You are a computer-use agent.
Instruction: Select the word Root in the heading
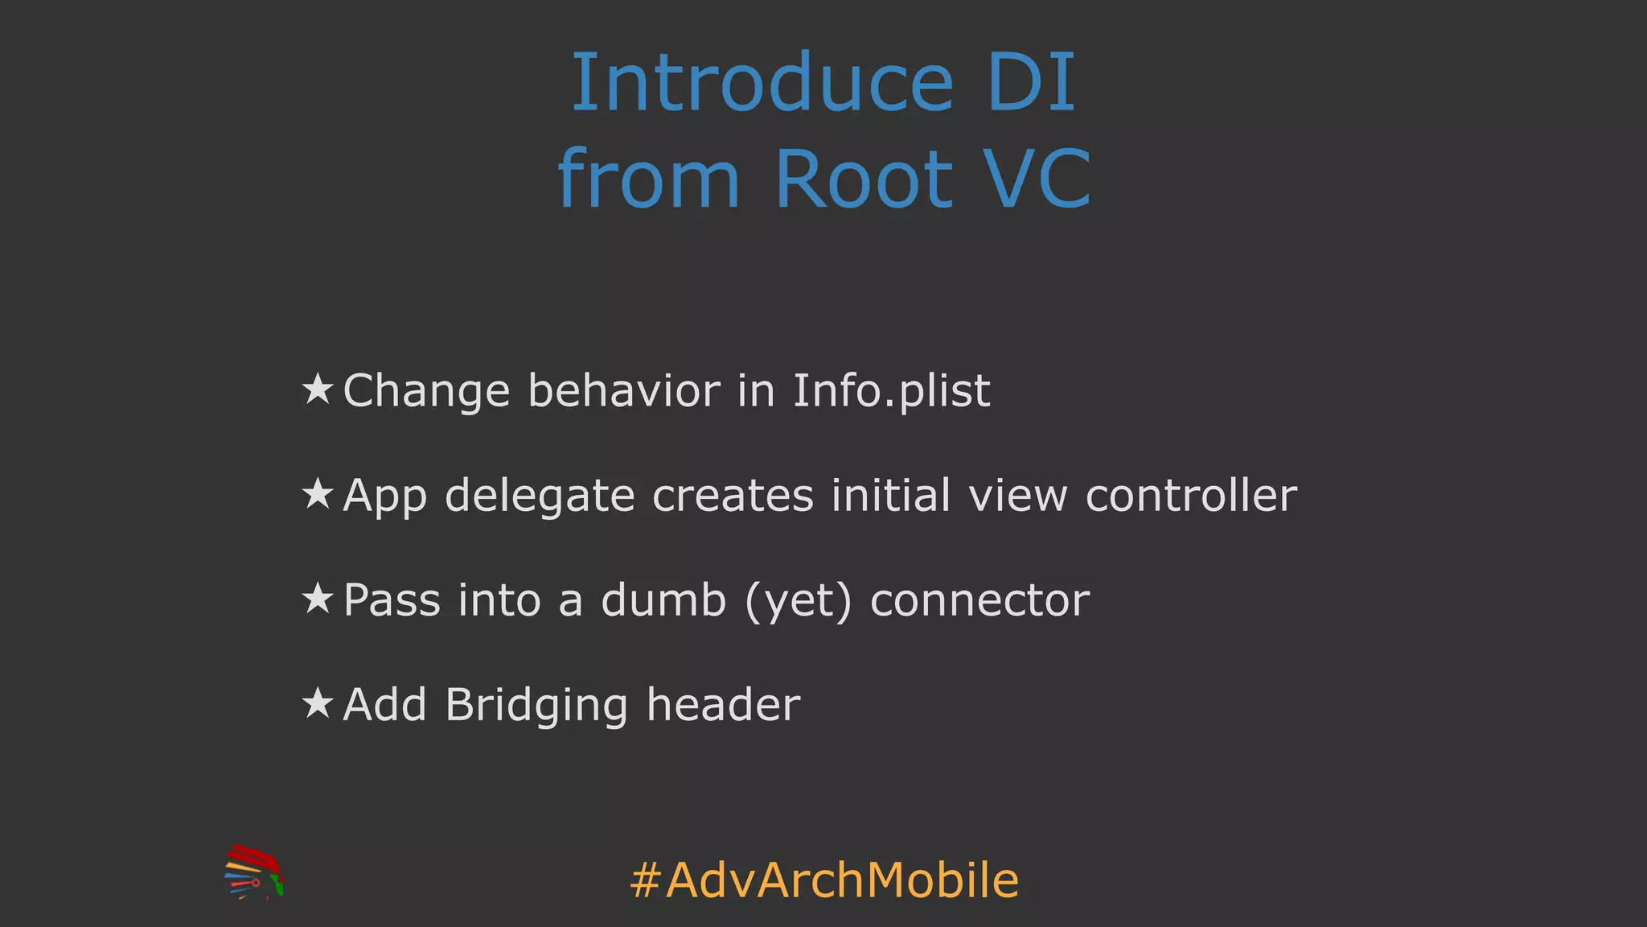(863, 179)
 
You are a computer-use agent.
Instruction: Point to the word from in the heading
(648, 179)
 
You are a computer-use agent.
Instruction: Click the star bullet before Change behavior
(318, 389)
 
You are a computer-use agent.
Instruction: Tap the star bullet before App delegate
(318, 494)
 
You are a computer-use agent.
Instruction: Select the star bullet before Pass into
(318, 599)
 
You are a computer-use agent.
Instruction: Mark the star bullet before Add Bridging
(318, 703)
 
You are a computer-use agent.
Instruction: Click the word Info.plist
(891, 391)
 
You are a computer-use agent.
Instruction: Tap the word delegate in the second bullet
(540, 496)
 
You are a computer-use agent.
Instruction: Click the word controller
(1191, 495)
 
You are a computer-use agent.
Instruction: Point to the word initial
(891, 495)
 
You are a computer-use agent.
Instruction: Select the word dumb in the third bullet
(663, 600)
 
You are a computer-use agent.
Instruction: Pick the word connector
(980, 600)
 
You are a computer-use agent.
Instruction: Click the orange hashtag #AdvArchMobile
(824, 880)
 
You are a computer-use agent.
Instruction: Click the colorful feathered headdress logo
(254, 871)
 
